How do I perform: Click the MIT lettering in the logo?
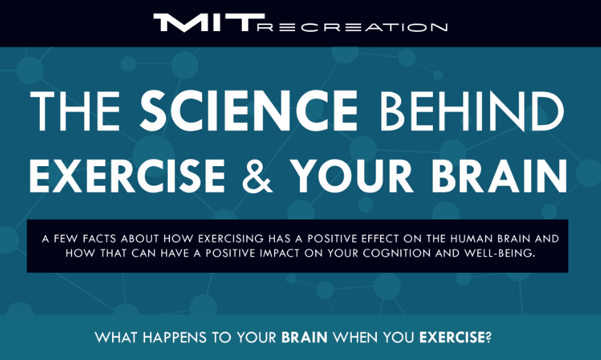209,22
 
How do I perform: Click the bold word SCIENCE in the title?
249,111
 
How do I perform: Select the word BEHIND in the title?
471,111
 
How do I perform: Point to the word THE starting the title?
75,111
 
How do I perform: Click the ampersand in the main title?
257,175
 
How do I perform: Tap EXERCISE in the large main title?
127,175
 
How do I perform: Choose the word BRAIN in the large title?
499,175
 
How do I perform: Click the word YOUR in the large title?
351,175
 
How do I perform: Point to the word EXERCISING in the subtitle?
231,238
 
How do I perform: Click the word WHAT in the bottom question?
116,338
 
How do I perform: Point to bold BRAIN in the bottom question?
305,338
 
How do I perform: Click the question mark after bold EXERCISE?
488,338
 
